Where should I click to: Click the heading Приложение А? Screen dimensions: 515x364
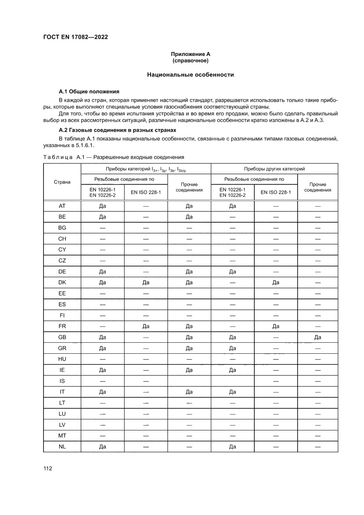(x=191, y=54)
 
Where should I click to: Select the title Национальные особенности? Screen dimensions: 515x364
(x=190, y=75)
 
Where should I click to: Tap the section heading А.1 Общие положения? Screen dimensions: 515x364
(x=89, y=92)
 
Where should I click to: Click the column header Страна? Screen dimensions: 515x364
(x=62, y=182)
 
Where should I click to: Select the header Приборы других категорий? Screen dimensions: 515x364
(x=274, y=169)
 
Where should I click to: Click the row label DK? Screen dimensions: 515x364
(x=62, y=282)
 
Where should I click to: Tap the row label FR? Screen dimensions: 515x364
(x=62, y=326)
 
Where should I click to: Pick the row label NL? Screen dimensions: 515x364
(x=62, y=446)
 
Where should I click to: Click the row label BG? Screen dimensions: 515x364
(x=62, y=228)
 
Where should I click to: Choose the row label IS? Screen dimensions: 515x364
(x=62, y=381)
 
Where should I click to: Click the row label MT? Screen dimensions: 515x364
(x=62, y=435)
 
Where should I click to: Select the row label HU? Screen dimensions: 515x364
(x=62, y=359)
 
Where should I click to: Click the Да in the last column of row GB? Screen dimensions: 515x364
(x=317, y=337)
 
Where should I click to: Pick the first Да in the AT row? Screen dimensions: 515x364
(x=103, y=206)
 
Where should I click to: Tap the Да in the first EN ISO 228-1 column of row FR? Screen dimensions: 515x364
(x=146, y=326)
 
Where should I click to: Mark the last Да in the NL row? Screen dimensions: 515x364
(x=232, y=446)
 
